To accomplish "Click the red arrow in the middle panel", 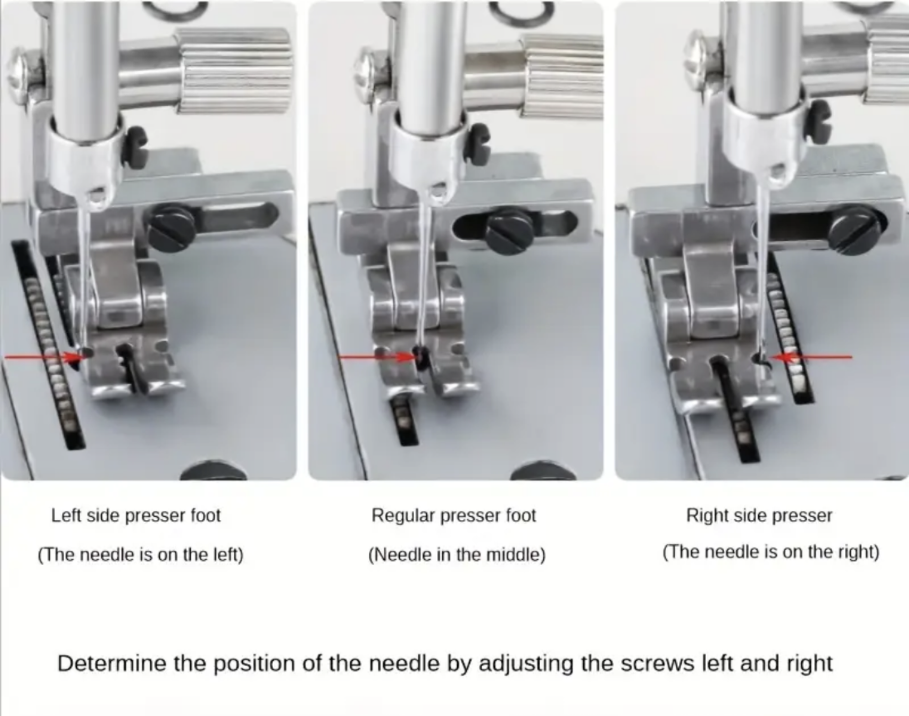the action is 379,357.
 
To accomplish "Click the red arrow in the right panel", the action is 812,357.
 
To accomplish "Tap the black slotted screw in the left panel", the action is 170,228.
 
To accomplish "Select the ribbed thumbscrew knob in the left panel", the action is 234,71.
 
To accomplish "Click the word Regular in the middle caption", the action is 404,516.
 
